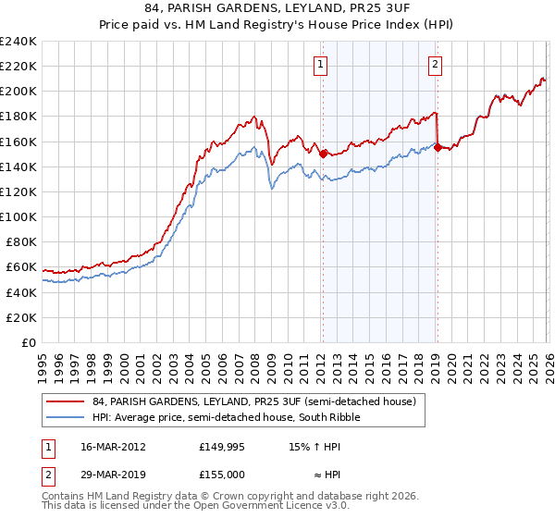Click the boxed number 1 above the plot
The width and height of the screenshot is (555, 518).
click(320, 65)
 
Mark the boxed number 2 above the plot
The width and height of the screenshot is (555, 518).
click(434, 65)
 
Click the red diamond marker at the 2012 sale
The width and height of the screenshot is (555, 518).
click(323, 154)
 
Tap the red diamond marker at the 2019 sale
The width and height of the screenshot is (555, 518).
click(437, 147)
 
